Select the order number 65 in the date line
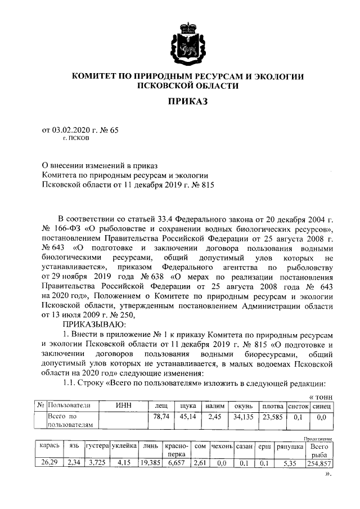(115, 130)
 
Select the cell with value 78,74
(161, 417)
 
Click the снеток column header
(298, 406)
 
